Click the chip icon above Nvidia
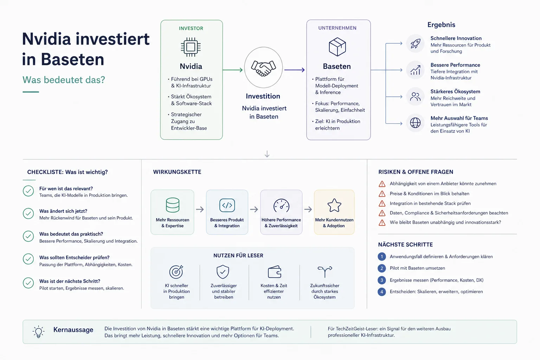(x=191, y=47)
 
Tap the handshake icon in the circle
(x=263, y=68)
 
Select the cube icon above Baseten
(x=337, y=47)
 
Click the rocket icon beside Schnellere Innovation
(x=415, y=44)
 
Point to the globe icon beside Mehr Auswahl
(x=415, y=123)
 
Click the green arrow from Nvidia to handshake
(x=233, y=70)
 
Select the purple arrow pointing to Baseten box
(x=295, y=70)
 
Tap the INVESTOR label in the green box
(x=191, y=28)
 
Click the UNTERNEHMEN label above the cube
(x=337, y=28)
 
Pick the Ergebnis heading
(x=441, y=25)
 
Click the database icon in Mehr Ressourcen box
(x=173, y=205)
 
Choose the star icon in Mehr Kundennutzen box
(x=334, y=205)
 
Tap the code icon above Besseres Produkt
(x=227, y=205)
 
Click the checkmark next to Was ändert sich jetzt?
(x=28, y=213)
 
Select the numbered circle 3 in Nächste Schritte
(x=381, y=280)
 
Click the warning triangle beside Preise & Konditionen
(x=382, y=194)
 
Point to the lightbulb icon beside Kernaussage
(x=38, y=332)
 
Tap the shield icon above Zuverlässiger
(x=223, y=272)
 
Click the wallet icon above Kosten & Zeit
(x=274, y=272)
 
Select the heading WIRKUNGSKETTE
(x=177, y=172)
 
